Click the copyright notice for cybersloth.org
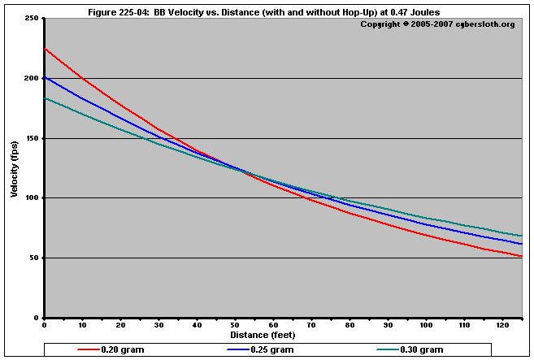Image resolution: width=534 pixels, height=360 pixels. [437, 24]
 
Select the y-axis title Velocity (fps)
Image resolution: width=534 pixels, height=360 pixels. [15, 167]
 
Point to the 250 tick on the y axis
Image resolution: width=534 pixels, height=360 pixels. [32, 18]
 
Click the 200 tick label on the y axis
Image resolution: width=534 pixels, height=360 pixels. [32, 78]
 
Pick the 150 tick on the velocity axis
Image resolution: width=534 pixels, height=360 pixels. [32, 138]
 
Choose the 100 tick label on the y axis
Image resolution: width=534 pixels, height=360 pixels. [32, 198]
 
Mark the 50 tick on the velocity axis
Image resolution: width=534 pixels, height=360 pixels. [34, 258]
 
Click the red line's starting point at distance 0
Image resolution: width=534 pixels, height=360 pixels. [46, 49]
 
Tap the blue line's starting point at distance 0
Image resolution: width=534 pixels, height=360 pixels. [46, 76]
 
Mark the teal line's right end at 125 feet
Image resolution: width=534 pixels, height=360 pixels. [522, 236]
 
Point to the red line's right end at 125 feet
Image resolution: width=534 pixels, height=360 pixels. [522, 257]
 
